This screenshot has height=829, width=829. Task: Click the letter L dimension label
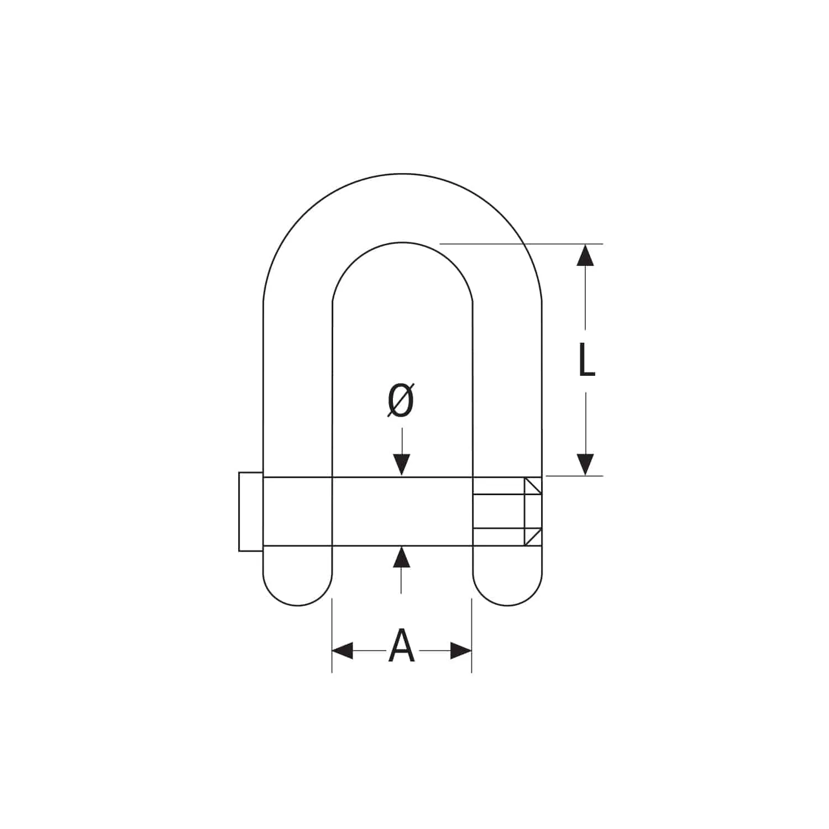tap(586, 360)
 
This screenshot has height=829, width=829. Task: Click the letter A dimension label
tap(401, 647)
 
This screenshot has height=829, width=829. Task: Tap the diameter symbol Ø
tap(401, 400)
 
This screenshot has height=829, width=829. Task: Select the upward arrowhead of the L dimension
tap(585, 255)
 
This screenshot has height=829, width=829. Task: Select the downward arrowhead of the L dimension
tap(585, 464)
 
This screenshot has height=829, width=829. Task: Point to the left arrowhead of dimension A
tap(343, 650)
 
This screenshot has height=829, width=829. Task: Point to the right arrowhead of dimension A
tap(460, 650)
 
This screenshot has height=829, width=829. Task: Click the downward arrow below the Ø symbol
tap(402, 463)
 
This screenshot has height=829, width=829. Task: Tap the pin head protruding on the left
tap(250, 512)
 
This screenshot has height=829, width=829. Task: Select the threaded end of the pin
tap(498, 512)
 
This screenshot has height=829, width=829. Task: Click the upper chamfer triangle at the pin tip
tap(532, 486)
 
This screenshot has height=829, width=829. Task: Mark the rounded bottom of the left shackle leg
tap(298, 597)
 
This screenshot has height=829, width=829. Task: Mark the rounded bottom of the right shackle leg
tap(507, 597)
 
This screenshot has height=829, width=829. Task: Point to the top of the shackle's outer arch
tap(402, 174)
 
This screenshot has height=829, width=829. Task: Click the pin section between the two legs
tap(402, 512)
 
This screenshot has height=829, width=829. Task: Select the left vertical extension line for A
tap(332, 636)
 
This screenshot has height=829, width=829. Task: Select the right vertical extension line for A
tap(471, 636)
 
